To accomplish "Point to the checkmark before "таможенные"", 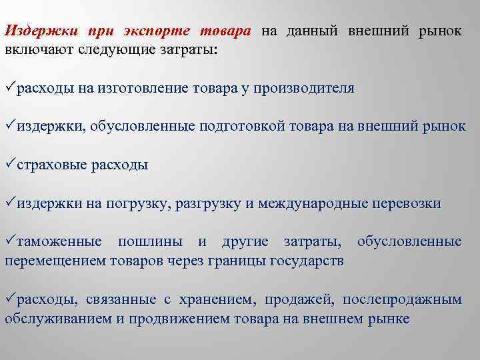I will coord(10,240).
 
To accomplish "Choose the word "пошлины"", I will coord(152,241).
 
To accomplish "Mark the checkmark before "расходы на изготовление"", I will coord(10,87).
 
